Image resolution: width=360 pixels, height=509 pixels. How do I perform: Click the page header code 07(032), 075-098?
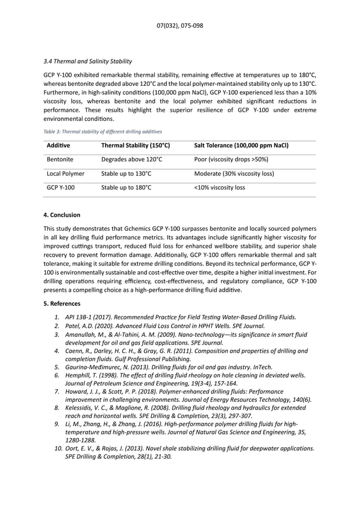click(180, 26)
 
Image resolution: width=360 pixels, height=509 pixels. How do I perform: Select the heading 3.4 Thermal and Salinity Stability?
click(87, 61)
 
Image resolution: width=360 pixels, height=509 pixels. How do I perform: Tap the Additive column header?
click(59, 146)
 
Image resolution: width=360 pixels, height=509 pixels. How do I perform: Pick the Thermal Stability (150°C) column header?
click(135, 146)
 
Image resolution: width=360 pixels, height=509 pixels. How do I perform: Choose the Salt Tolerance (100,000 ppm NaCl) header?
click(241, 146)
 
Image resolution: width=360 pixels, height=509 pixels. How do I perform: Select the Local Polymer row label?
click(65, 174)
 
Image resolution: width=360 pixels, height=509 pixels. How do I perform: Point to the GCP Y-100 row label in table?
click(61, 188)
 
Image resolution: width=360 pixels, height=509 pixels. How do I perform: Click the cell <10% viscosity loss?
click(219, 188)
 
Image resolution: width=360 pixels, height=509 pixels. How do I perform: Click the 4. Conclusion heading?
click(62, 215)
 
